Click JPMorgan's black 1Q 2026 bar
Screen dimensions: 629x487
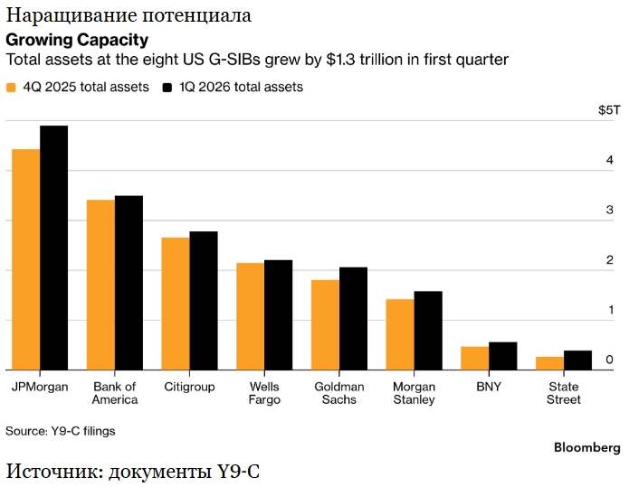pos(53,248)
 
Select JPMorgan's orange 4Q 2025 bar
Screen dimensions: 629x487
pos(26,259)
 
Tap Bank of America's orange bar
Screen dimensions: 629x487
pos(100,285)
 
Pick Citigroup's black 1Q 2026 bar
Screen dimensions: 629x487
pos(204,300)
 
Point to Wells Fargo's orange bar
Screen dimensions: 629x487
pos(251,316)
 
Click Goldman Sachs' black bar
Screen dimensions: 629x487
pos(353,318)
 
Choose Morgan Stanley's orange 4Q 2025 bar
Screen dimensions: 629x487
pos(400,334)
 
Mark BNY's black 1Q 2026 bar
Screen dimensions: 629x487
pos(503,356)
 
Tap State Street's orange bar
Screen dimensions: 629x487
pos(550,363)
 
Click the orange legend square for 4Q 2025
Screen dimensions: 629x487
pos(11,88)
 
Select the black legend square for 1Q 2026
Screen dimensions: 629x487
pos(167,88)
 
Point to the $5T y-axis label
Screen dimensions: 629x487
pos(609,109)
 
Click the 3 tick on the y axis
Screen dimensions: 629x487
pos(610,210)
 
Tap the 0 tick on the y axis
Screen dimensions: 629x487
pos(610,360)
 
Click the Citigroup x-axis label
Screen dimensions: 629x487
pos(189,387)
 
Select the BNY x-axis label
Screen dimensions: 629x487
pos(489,387)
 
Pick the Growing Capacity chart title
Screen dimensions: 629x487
pos(77,40)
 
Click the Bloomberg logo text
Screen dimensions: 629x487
pos(587,447)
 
